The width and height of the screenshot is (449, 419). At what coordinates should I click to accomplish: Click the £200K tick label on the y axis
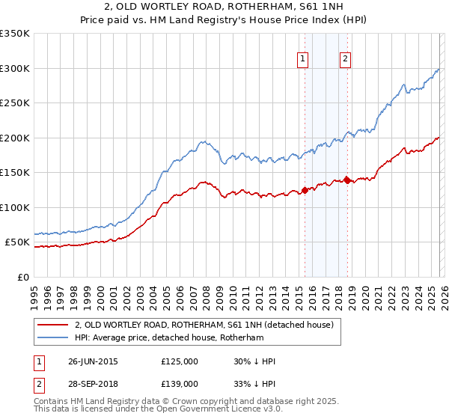[15, 138]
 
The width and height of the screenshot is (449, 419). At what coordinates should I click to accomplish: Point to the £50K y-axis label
[17, 242]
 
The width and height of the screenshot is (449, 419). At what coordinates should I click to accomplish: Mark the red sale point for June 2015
[305, 189]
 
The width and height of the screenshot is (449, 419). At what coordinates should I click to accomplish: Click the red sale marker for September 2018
[347, 180]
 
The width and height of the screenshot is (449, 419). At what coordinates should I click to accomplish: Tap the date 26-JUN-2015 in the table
[93, 361]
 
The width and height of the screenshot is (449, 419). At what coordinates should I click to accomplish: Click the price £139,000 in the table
[180, 383]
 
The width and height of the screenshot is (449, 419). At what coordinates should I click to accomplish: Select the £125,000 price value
[180, 361]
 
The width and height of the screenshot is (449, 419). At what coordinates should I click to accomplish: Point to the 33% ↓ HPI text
[254, 383]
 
